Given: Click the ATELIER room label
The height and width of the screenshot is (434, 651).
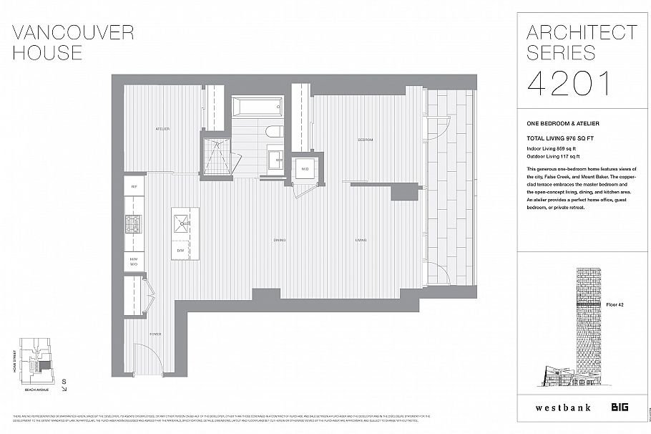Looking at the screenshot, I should point(163,129).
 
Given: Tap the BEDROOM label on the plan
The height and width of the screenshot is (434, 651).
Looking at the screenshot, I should point(366,140).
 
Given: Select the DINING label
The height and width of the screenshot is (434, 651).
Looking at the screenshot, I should point(279,240).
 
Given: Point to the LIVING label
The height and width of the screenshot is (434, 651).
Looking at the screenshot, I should point(361,240).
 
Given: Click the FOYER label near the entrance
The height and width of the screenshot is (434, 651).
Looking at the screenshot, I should point(155,334).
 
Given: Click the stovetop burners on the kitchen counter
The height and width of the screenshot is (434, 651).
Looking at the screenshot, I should point(134,223).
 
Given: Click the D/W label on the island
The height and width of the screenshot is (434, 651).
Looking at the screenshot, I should point(180,251).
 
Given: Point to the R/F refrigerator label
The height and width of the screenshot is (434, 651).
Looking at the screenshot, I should point(134,186).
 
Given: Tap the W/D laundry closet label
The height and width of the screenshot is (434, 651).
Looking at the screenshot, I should point(305,169).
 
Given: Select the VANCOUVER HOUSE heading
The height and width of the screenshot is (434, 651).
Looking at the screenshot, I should point(73,42).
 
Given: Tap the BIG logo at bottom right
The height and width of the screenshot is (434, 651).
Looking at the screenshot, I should point(619,408).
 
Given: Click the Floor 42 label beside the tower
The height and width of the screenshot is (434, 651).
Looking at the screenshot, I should point(615,305).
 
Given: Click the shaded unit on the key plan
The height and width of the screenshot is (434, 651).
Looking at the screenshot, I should point(46,365).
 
